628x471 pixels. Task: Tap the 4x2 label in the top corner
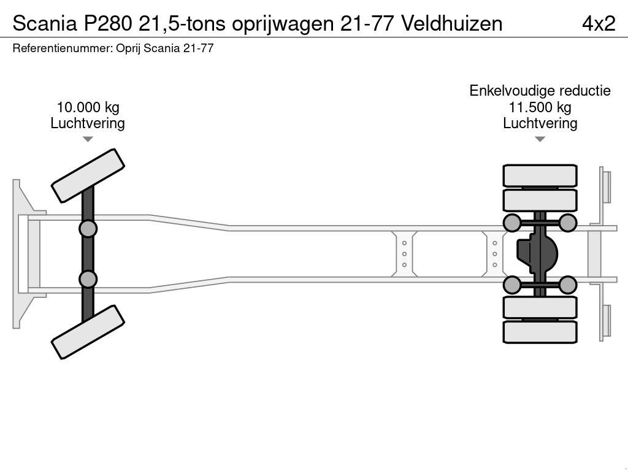tap(598, 23)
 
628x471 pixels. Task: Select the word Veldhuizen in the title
tap(453, 23)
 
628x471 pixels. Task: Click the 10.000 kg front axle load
tap(88, 107)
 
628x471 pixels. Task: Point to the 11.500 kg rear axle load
tap(540, 107)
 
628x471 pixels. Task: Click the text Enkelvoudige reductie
tap(540, 91)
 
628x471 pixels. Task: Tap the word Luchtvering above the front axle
tap(88, 123)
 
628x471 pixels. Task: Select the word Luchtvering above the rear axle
tap(540, 123)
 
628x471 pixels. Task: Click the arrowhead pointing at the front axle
tap(88, 140)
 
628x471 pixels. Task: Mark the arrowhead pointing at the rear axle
tap(540, 140)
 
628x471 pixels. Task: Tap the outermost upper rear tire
tap(540, 175)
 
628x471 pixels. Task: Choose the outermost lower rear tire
tap(540, 332)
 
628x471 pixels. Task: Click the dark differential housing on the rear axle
tap(538, 253)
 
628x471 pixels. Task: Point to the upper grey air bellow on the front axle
tap(88, 229)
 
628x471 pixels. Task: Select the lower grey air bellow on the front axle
tap(88, 279)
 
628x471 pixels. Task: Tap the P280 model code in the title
tap(110, 23)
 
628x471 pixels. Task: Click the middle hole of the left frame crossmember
tap(405, 254)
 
